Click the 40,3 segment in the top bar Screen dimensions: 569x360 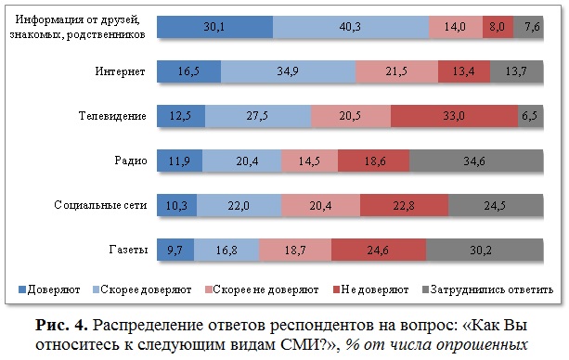coord(351,27)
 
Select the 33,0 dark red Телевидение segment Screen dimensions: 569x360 coord(454,116)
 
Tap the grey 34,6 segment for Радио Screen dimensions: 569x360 coord(476,161)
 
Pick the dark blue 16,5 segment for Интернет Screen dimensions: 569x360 coord(188,71)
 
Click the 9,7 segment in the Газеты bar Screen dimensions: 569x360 coord(175,250)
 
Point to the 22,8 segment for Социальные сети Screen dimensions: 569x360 coord(405,205)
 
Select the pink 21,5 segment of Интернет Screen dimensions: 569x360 coord(396,71)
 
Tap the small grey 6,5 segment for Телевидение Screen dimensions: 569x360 coord(531,116)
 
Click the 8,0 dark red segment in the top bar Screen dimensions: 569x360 coord(498,27)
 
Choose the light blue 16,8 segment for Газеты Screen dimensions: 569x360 coord(226,250)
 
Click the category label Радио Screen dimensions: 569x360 coord(131,161)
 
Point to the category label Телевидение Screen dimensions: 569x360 coord(112,116)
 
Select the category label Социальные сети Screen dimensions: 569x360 coord(100,205)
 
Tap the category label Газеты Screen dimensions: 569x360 coord(128,250)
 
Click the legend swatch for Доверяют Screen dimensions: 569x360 coord(22,289)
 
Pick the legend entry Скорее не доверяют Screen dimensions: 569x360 coord(262,289)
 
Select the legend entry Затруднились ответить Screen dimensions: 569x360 coord(487,289)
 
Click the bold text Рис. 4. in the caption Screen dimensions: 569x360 coord(61,325)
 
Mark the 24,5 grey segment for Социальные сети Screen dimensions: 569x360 coord(496,205)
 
